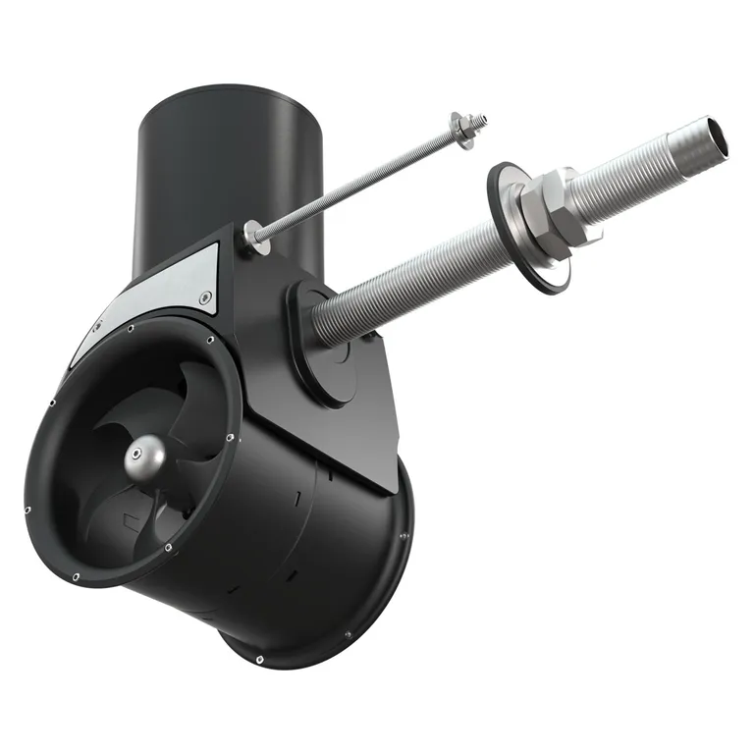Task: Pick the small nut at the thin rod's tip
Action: (475, 122)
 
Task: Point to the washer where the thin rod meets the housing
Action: (253, 234)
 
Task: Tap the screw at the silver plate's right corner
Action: (203, 297)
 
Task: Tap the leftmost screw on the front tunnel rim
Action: (27, 509)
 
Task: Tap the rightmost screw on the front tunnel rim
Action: (229, 438)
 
